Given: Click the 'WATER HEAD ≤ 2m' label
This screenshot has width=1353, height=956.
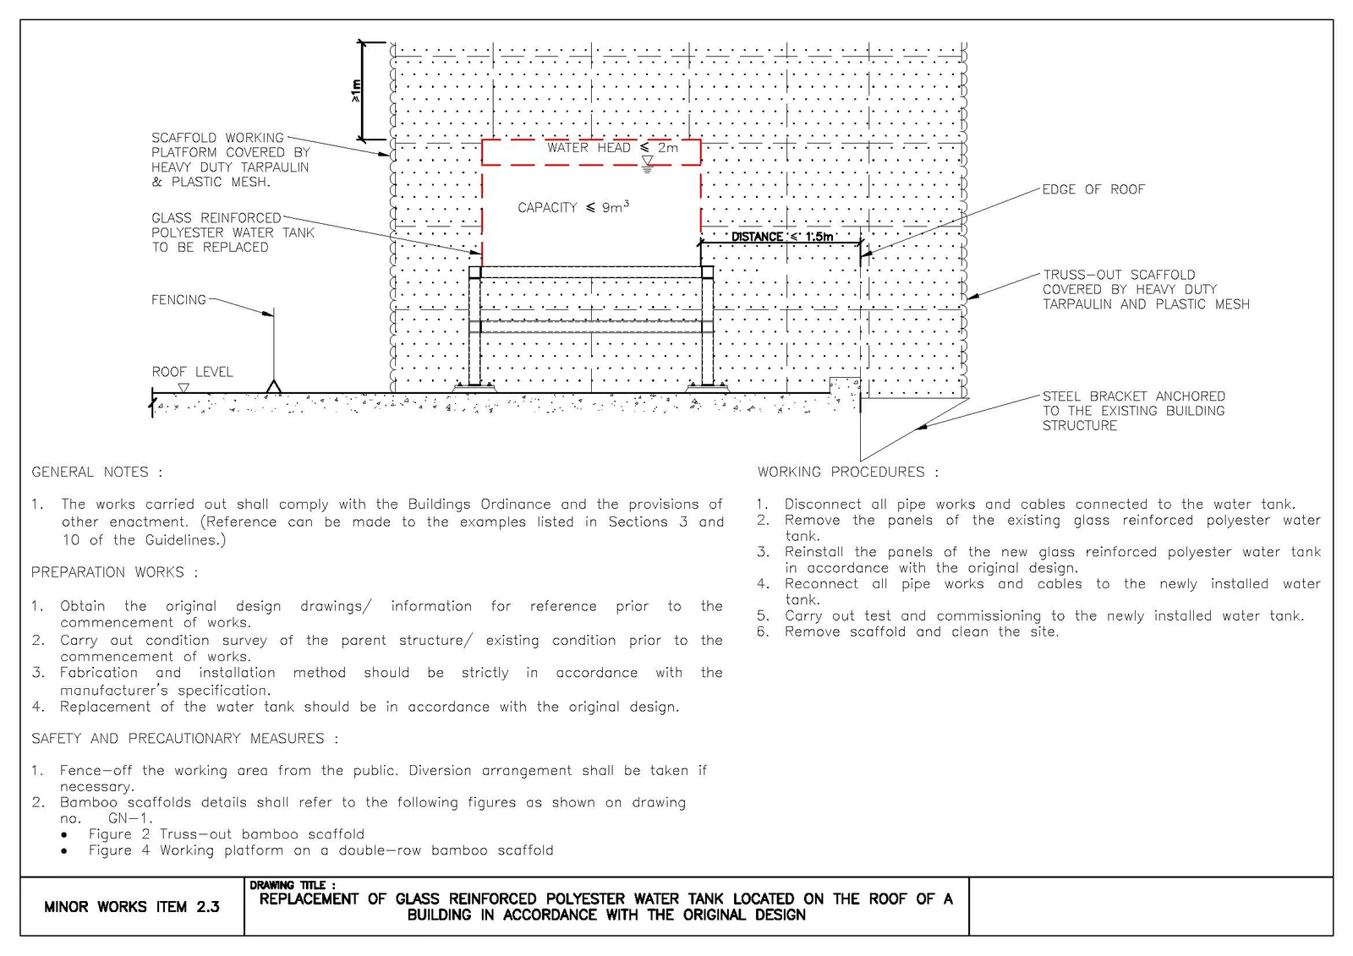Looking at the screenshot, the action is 612,148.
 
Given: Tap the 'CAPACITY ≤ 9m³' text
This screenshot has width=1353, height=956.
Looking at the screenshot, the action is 573,207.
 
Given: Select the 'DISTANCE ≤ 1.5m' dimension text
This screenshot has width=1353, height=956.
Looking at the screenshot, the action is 782,237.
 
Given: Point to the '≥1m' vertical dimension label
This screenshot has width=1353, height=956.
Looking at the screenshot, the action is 356,90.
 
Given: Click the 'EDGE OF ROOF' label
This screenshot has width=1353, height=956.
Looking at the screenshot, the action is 1093,189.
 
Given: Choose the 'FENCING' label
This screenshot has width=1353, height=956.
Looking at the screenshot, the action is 178,299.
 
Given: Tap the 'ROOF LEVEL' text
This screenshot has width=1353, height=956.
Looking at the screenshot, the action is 192,372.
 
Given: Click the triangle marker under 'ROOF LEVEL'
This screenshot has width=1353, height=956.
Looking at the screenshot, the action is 184,387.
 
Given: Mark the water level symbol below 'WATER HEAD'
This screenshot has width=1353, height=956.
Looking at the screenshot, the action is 648,164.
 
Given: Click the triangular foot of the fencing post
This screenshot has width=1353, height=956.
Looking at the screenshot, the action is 274,386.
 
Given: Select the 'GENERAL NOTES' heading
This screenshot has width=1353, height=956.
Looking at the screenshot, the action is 96,472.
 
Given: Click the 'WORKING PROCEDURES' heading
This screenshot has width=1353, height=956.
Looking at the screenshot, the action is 848,472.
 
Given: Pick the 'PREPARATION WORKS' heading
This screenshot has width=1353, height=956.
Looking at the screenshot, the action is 114,572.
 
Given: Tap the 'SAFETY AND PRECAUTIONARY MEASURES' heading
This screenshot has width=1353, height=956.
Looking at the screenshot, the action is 185,738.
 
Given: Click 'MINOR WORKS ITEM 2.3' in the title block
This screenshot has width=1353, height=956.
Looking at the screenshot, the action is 132,906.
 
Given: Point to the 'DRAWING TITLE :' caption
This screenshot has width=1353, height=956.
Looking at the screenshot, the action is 293,885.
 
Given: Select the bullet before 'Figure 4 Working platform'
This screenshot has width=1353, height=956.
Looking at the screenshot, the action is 64,851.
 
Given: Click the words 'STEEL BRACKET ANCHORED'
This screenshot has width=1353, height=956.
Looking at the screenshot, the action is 1134,396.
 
